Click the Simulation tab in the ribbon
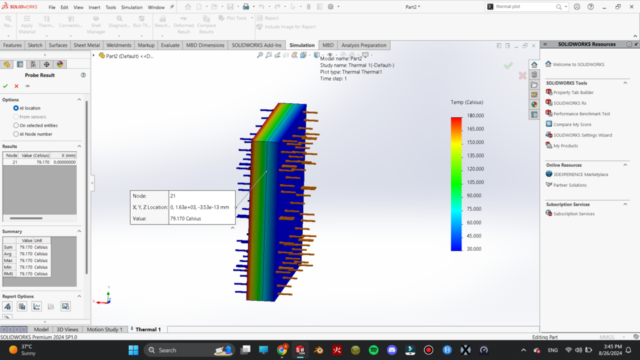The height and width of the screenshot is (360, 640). (x=301, y=45)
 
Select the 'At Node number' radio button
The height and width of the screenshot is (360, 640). (x=17, y=134)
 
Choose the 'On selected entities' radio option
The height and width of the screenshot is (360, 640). (x=17, y=125)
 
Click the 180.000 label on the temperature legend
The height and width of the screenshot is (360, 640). (x=475, y=115)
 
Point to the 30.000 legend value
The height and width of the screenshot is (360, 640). (x=474, y=249)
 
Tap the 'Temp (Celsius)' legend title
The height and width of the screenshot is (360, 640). (x=467, y=103)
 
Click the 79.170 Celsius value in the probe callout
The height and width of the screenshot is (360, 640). (x=185, y=219)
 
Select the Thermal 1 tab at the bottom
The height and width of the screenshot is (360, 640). (x=147, y=329)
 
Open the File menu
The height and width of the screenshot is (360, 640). (x=52, y=7)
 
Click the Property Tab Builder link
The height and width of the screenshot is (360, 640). (x=573, y=93)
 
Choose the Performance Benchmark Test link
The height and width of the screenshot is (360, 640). (x=581, y=114)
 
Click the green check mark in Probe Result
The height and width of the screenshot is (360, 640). (x=6, y=86)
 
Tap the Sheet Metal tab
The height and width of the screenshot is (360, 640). (x=87, y=45)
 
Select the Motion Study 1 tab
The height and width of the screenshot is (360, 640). (x=105, y=329)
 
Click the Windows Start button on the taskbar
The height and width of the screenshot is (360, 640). (x=133, y=350)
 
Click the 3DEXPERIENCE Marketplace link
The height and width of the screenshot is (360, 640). (x=580, y=175)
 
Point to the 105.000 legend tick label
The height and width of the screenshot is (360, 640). (x=475, y=182)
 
